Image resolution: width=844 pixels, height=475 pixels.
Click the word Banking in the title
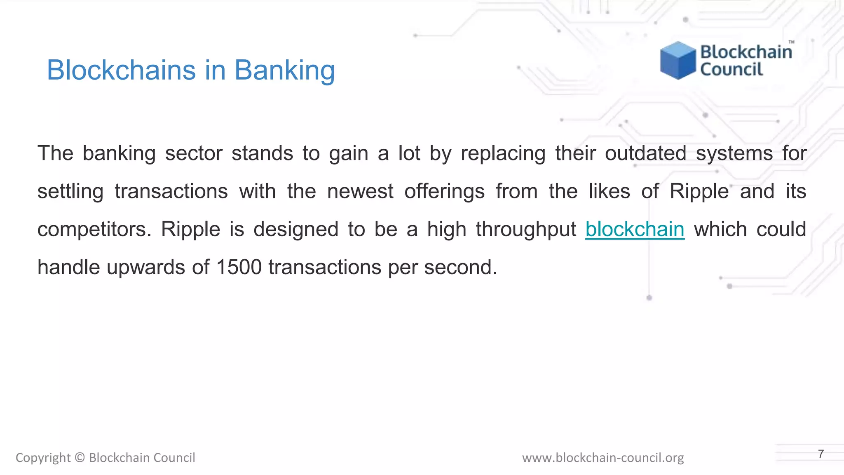coord(284,70)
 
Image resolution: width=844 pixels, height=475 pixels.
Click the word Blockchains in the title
coord(121,70)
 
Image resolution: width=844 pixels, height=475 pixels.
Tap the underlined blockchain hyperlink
coord(635,229)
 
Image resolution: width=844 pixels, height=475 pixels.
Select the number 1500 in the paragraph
coord(239,267)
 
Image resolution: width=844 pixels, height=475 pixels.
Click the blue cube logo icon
coord(678,60)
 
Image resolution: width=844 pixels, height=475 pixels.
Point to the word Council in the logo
coord(731,69)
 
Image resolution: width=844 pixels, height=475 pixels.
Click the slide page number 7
coord(821,454)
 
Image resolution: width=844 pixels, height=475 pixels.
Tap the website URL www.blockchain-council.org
coord(603,458)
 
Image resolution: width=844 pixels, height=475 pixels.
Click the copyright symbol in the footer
coord(80,458)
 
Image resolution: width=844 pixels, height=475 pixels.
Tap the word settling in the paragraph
coord(70,192)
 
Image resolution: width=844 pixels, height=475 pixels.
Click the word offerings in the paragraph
coord(444,192)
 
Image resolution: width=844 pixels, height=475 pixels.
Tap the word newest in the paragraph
coord(360,192)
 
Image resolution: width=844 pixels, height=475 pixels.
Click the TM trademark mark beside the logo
coord(791,42)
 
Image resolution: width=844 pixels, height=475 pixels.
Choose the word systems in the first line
coord(734,154)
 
